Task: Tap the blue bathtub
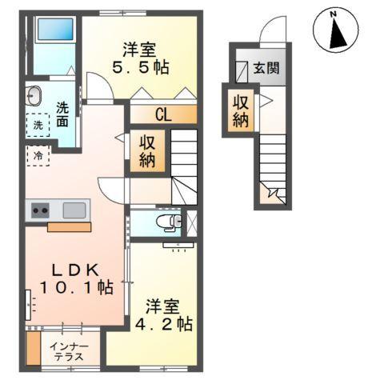point(55,34)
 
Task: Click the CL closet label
point(162,115)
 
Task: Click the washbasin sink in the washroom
point(34,98)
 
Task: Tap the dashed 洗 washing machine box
point(38,126)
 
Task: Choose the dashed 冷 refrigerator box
point(38,155)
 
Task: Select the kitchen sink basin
point(74,210)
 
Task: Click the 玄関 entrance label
point(266,69)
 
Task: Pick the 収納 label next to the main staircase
point(149,150)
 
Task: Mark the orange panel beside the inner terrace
point(33,348)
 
